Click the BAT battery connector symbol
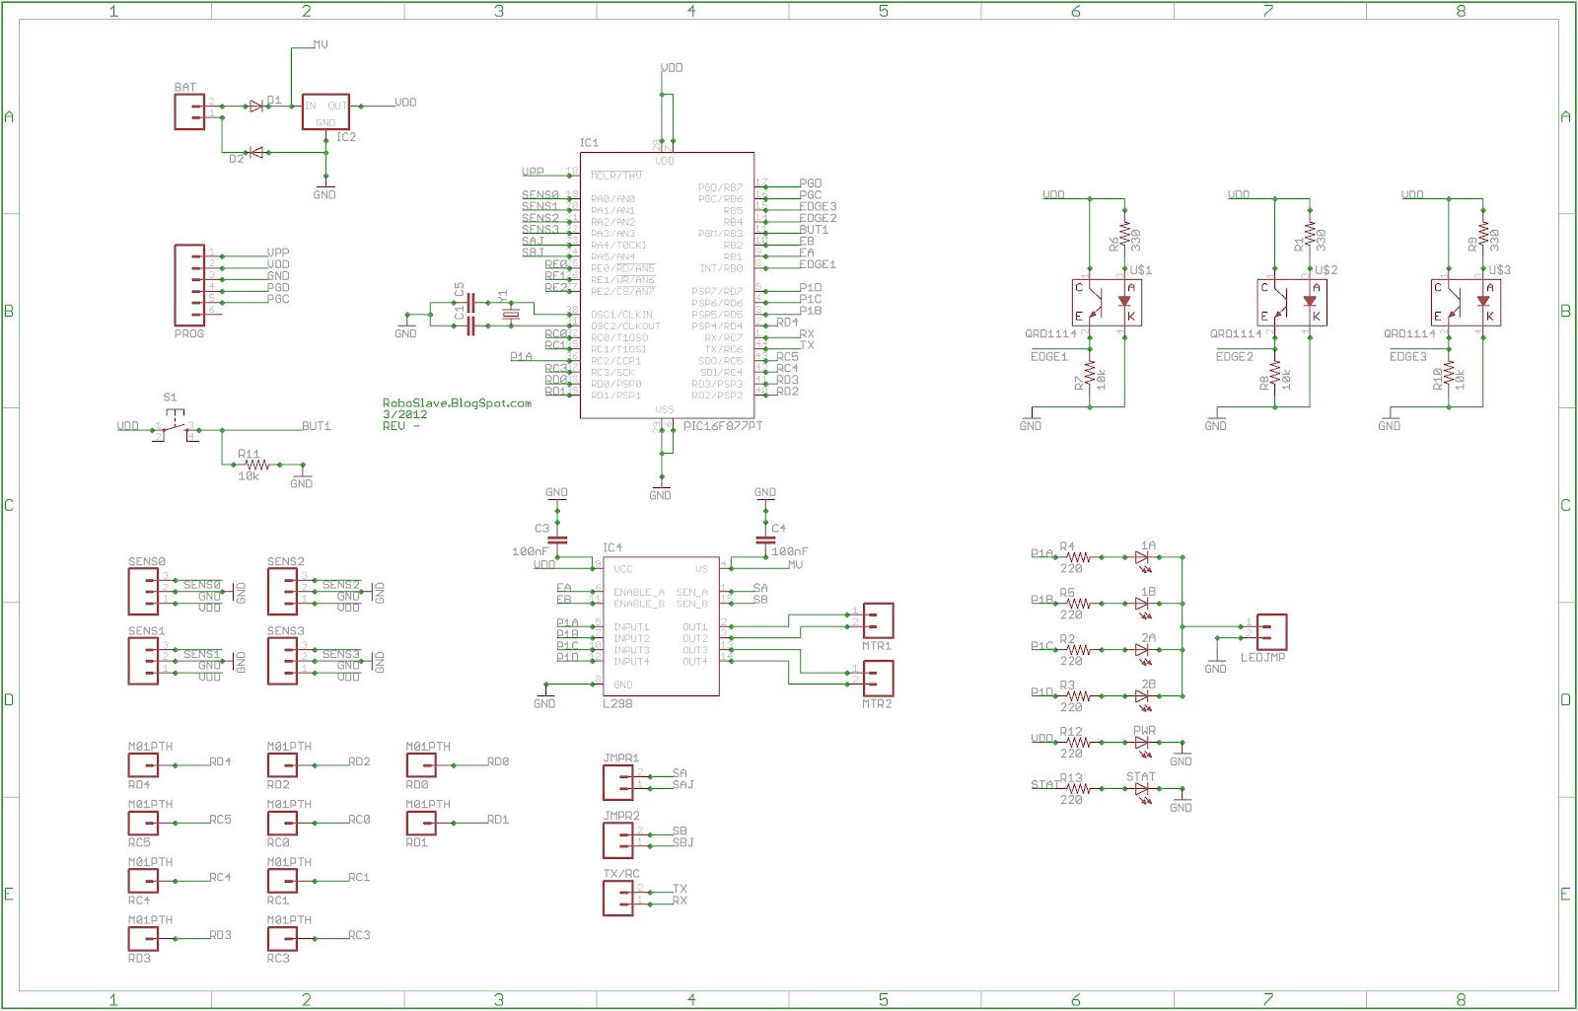click(189, 112)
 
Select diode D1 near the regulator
click(256, 106)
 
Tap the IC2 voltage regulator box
click(325, 112)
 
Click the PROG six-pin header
click(189, 285)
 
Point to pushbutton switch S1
click(174, 428)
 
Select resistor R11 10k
click(256, 464)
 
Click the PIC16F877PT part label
click(723, 426)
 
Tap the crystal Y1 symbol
click(509, 315)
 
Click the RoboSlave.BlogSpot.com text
click(457, 403)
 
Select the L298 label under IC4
click(617, 703)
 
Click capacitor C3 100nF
click(556, 540)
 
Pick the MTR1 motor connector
click(878, 621)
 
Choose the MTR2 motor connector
click(878, 678)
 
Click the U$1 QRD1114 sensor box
click(1107, 302)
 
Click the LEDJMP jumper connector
click(1271, 631)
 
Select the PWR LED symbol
click(1142, 743)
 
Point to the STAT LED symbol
click(1142, 789)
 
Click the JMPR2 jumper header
click(618, 839)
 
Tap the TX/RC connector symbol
click(618, 898)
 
